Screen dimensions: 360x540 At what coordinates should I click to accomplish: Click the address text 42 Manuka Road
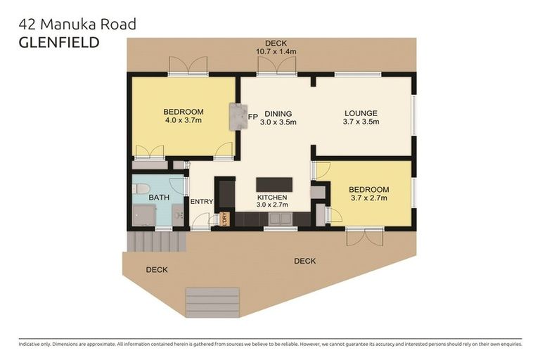(77, 25)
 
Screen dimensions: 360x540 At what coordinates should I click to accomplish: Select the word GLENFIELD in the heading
(58, 42)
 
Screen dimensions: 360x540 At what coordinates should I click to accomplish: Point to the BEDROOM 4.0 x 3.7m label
(184, 116)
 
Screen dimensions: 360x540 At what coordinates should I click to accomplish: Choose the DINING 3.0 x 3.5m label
(278, 117)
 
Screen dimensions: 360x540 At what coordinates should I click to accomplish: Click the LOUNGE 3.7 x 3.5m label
(361, 117)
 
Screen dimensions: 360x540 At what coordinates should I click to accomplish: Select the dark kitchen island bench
(274, 185)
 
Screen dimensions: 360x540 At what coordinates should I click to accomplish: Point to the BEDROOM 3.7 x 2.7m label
(369, 194)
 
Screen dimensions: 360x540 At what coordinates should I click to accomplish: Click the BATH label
(158, 198)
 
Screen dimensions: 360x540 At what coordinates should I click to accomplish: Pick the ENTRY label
(202, 202)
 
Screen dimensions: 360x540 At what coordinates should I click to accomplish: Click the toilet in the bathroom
(141, 188)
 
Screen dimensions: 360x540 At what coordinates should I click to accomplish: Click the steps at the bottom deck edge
(212, 301)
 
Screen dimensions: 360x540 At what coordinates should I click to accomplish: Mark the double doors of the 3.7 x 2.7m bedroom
(364, 236)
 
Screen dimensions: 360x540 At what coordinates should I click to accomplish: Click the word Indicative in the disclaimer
(31, 345)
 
